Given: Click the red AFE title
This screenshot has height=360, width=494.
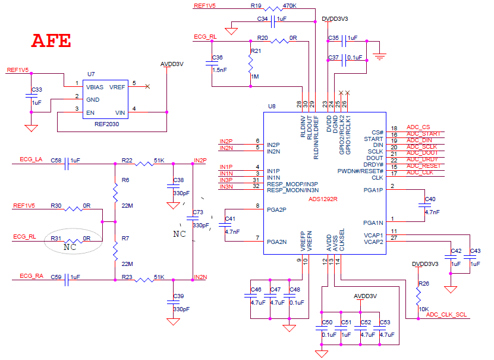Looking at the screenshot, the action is [x=51, y=40].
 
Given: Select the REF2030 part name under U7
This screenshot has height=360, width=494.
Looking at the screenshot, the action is [x=107, y=124].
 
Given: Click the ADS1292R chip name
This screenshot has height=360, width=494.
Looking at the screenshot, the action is [x=323, y=199].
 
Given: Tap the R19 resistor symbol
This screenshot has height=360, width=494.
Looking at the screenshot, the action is [x=273, y=9].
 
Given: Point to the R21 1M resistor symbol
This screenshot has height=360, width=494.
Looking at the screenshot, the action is [x=250, y=64].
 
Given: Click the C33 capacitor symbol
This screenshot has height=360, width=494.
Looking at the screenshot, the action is [x=31, y=96].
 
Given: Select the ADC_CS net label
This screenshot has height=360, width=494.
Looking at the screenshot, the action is [x=418, y=127].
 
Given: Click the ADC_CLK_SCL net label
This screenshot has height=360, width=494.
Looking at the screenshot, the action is [x=446, y=315].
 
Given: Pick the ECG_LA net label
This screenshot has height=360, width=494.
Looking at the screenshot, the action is [x=31, y=159].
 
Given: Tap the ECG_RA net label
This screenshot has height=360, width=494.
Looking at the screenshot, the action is [x=31, y=276].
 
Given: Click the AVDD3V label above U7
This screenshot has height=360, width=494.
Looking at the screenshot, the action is [x=172, y=64].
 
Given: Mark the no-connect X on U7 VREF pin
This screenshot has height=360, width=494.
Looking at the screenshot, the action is [x=147, y=86].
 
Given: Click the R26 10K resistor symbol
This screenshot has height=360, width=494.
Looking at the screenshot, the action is [x=418, y=296].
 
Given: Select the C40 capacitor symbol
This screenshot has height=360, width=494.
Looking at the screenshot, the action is [x=424, y=205].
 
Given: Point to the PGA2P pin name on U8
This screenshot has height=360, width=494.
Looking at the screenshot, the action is [x=276, y=209].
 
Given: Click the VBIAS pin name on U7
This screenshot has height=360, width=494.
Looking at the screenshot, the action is [x=95, y=87].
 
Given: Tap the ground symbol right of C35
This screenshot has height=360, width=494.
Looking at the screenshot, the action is [x=379, y=57].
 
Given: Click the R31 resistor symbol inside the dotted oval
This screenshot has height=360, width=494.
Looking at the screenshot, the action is [x=73, y=241].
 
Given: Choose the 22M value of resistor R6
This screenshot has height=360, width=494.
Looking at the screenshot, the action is [x=127, y=205].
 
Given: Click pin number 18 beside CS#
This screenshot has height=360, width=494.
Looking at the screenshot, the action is [x=394, y=129].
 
